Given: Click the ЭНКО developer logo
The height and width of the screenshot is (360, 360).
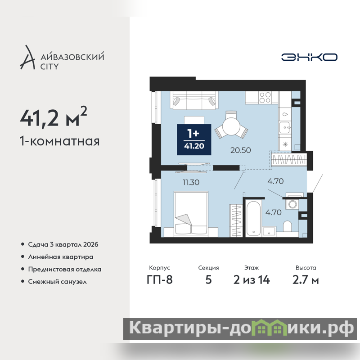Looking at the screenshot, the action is [x=309, y=57].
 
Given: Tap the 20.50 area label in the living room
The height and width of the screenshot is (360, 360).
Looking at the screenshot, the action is [x=240, y=150].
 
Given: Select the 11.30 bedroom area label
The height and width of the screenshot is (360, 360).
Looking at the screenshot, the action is [x=191, y=182].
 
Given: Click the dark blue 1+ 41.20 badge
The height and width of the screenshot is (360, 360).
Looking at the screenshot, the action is [x=194, y=139].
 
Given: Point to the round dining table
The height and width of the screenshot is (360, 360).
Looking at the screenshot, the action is [x=231, y=127].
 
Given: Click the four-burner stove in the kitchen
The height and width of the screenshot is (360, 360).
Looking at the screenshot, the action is [x=265, y=97].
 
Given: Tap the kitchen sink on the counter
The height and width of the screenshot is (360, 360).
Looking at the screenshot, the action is [x=285, y=127].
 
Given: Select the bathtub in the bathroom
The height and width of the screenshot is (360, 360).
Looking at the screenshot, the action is [x=253, y=218].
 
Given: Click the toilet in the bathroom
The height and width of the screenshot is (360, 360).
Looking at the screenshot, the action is [x=287, y=226].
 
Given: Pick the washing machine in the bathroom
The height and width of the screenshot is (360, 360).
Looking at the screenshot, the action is [x=292, y=204].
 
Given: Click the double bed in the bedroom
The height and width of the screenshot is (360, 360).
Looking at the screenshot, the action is [x=191, y=213].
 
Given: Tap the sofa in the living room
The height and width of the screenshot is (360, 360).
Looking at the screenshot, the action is [x=194, y=100].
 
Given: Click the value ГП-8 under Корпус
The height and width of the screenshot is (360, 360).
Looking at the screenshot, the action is [x=160, y=280].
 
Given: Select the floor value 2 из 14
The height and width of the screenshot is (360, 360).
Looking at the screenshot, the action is [x=252, y=280].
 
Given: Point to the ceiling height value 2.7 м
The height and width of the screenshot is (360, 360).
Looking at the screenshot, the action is [x=306, y=280].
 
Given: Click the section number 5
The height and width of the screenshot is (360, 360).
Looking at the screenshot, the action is [x=208, y=280].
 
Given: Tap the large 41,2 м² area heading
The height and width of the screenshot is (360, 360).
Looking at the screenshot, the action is [x=54, y=117].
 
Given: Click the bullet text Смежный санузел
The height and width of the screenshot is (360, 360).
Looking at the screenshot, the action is [x=58, y=282].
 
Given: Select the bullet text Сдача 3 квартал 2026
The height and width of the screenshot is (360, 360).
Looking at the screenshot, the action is [x=63, y=244].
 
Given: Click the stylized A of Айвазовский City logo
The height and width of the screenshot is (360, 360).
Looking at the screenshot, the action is [x=28, y=58].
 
